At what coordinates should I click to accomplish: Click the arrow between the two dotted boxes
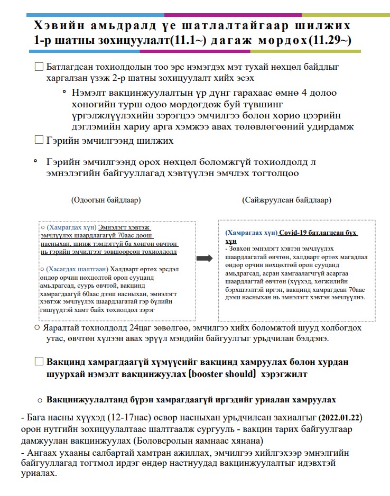(203, 258)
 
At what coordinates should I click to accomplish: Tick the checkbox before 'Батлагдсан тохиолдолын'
(39, 68)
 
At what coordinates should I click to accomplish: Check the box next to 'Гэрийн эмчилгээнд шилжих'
(39, 141)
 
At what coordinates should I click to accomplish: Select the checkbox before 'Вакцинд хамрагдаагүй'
(39, 362)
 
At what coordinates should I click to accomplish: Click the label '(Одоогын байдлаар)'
(106, 200)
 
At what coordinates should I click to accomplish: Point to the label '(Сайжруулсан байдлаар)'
(287, 200)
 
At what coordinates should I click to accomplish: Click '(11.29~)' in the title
(330, 41)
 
